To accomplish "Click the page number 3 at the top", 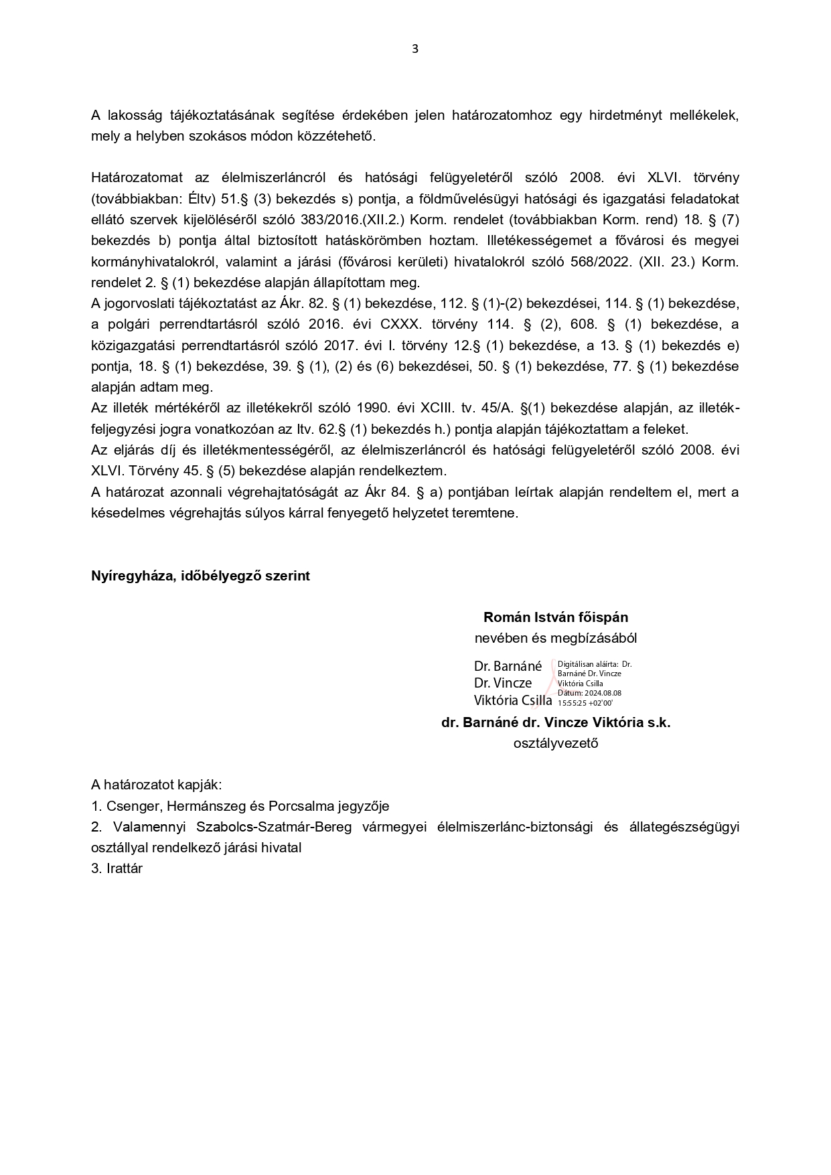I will coord(415,48).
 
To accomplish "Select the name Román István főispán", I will coord(555,617).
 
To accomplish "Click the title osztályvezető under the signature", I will coord(555,743).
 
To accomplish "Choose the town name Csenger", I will coord(133,806).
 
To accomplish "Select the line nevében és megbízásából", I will coord(555,638).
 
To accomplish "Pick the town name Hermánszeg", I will coord(204,806).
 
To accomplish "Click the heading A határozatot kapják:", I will coord(156,785).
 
